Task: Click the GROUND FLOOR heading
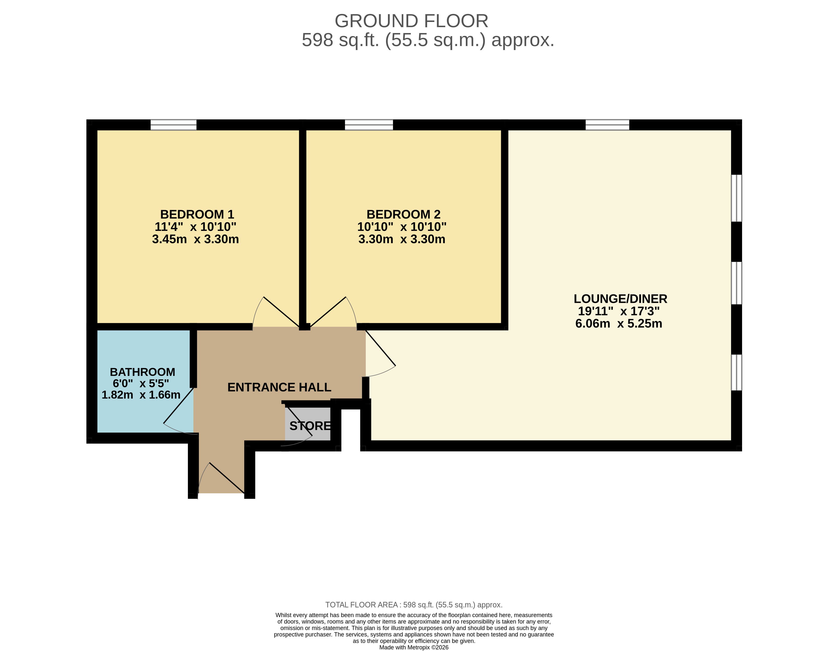411,21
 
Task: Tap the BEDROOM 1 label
197,214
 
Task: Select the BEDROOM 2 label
403,214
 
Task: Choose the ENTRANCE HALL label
279,387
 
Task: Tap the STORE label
310,426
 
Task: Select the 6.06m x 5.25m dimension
619,324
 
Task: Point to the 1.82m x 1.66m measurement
141,395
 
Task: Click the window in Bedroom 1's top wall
174,125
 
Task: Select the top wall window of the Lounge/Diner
607,125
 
